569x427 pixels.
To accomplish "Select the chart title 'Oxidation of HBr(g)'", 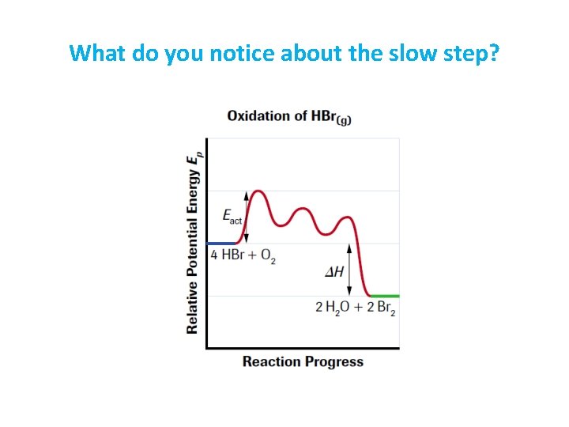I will tap(289, 116).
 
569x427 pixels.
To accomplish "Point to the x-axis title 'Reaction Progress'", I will tap(303, 362).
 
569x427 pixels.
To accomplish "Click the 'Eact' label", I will tap(232, 216).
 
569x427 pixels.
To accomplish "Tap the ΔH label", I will tap(334, 272).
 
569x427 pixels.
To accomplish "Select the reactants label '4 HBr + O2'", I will tap(243, 255).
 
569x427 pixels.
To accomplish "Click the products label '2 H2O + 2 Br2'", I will tap(356, 308).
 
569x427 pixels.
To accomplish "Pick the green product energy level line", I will tap(386, 296).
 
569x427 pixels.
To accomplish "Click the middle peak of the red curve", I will tap(303, 210).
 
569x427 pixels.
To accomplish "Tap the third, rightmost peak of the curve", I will tap(345, 217).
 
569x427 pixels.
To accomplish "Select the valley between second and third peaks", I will tap(325, 233).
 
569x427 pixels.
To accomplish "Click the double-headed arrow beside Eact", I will tap(246, 216).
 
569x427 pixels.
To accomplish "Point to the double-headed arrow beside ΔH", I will tap(349, 270).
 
